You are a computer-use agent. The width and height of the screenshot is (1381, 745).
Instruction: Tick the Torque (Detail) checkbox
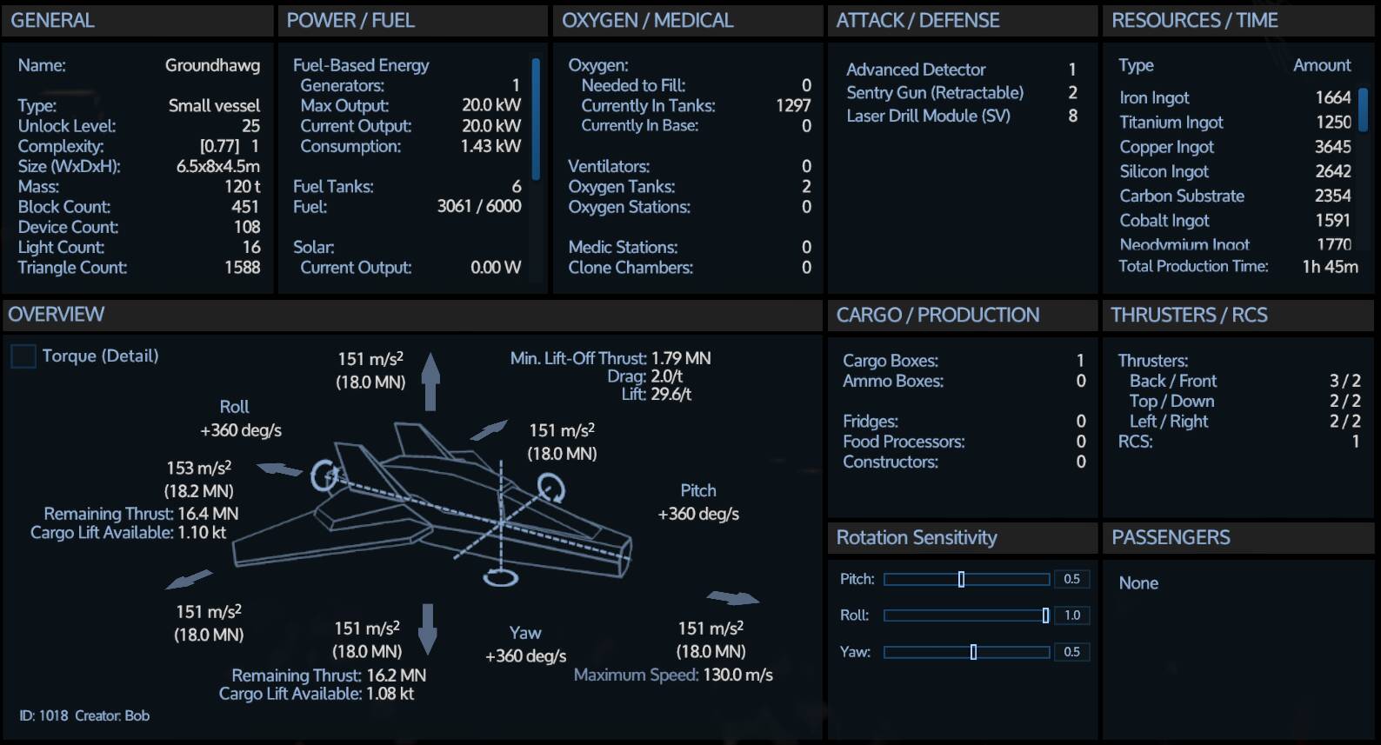pos(23,356)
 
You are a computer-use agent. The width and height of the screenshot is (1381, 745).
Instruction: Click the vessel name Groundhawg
pos(212,65)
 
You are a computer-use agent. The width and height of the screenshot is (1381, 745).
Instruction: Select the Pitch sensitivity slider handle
pos(961,579)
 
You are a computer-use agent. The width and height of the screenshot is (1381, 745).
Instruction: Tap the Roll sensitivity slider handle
pos(1045,615)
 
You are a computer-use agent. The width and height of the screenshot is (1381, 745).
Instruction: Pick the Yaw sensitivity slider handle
pos(973,652)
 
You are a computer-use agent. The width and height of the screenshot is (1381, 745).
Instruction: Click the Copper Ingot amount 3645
pos(1333,147)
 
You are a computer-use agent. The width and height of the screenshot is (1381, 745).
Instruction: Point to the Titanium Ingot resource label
pos(1171,123)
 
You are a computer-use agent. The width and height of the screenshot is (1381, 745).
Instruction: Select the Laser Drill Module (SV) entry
pos(929,116)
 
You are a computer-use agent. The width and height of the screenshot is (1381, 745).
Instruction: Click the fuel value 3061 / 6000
pos(479,206)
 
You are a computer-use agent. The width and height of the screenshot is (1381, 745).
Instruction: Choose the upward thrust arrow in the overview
pos(431,382)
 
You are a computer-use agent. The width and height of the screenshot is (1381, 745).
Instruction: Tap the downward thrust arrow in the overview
pos(428,629)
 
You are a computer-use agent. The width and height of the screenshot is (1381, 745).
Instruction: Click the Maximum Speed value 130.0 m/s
pos(737,675)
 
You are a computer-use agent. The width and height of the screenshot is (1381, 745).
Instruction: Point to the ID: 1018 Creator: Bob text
pos(83,715)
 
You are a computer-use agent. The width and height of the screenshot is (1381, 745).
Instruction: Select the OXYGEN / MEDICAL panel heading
pos(647,20)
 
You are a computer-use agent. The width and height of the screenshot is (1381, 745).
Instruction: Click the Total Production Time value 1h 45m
pos(1330,266)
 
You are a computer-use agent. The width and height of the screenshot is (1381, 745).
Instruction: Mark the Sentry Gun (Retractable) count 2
pos(1073,92)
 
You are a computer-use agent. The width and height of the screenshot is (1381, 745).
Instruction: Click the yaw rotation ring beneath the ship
pos(501,578)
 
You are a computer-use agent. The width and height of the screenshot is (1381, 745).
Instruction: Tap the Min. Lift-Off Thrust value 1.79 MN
pos(681,358)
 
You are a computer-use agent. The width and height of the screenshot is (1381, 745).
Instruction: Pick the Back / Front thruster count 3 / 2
pos(1344,381)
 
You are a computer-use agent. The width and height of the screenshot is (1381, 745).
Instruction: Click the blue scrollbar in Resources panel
pos(1363,110)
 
